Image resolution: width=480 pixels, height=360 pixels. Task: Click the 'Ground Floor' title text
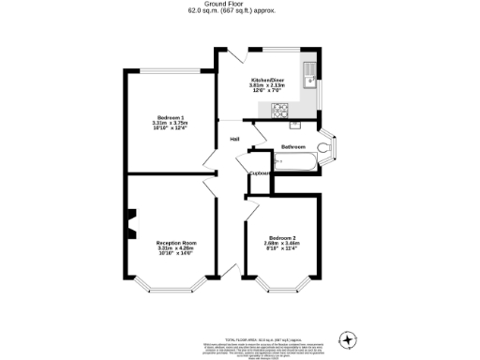click(239, 4)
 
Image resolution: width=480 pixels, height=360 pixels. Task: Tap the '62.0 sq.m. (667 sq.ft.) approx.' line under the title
click(239, 10)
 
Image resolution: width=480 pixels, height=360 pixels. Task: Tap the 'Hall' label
click(234, 141)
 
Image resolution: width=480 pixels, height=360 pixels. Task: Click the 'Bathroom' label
click(293, 147)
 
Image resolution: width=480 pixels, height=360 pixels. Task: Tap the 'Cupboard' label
click(260, 173)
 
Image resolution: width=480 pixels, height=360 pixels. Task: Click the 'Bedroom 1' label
click(170, 117)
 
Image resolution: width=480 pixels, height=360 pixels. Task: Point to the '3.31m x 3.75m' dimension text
click(170, 123)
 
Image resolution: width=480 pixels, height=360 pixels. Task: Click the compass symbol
click(349, 338)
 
